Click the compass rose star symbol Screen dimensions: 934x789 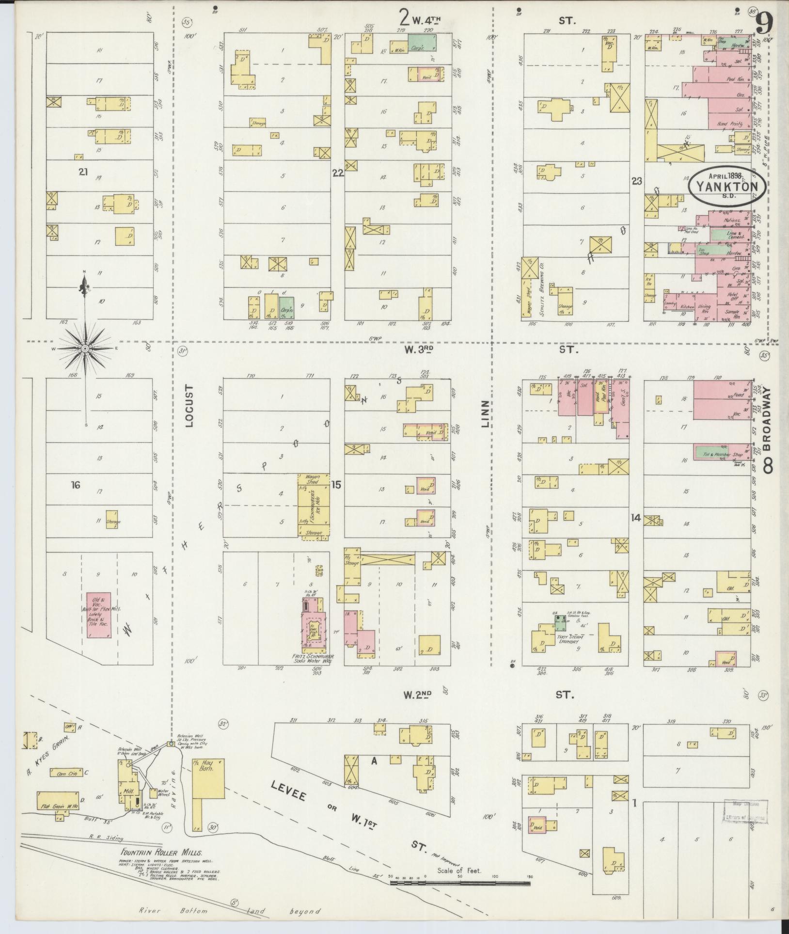click(x=85, y=348)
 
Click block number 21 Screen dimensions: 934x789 click(x=83, y=171)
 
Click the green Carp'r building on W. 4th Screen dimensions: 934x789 click(x=421, y=43)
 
